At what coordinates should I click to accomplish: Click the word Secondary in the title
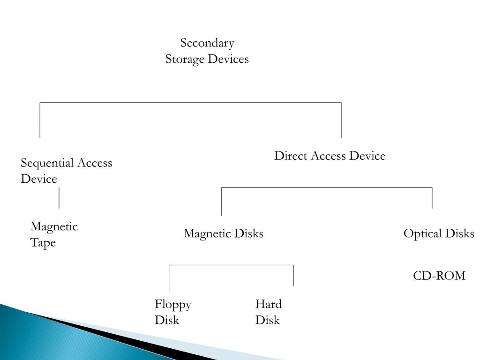pos(207,43)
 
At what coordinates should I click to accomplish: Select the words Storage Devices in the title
pos(207,59)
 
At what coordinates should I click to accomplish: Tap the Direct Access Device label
pos(330,156)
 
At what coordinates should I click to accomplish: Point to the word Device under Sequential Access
pos(39,179)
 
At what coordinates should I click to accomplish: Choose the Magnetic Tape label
pos(54,235)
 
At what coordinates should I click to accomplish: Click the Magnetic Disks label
pos(224,233)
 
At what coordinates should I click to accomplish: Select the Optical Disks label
pos(439,233)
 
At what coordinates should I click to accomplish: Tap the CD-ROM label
pos(439,276)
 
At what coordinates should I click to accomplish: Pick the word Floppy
pos(173,305)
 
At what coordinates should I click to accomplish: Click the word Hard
pos(269,304)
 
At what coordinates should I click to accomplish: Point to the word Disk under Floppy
pos(167,320)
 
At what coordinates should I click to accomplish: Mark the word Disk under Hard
pos(268,320)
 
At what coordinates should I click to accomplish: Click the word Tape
pos(43,243)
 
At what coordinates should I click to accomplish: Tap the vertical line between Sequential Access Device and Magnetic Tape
pos(59,198)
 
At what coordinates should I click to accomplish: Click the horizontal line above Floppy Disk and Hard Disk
pos(231,265)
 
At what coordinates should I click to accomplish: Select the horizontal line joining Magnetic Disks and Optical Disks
pos(327,187)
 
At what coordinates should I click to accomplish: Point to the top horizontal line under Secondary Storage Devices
pos(190,103)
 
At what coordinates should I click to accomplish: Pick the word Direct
pos(291,156)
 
